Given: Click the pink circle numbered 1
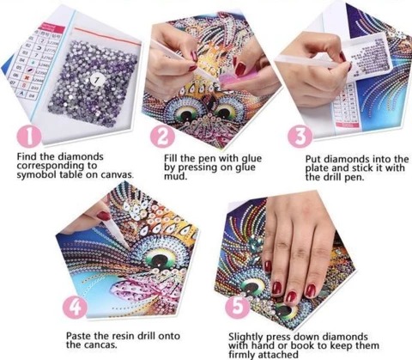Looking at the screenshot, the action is (29, 137).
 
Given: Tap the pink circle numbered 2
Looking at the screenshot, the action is (162, 136).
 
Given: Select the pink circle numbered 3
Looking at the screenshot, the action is (300, 137).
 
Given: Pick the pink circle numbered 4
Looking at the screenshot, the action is (76, 308).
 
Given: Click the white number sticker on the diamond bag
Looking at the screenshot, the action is (97, 82).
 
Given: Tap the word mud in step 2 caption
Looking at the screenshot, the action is (175, 176).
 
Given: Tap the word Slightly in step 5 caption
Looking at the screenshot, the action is (245, 337).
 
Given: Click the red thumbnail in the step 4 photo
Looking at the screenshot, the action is (104, 216).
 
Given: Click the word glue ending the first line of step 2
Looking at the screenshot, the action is (251, 159).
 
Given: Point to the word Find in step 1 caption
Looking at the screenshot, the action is (27, 156).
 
